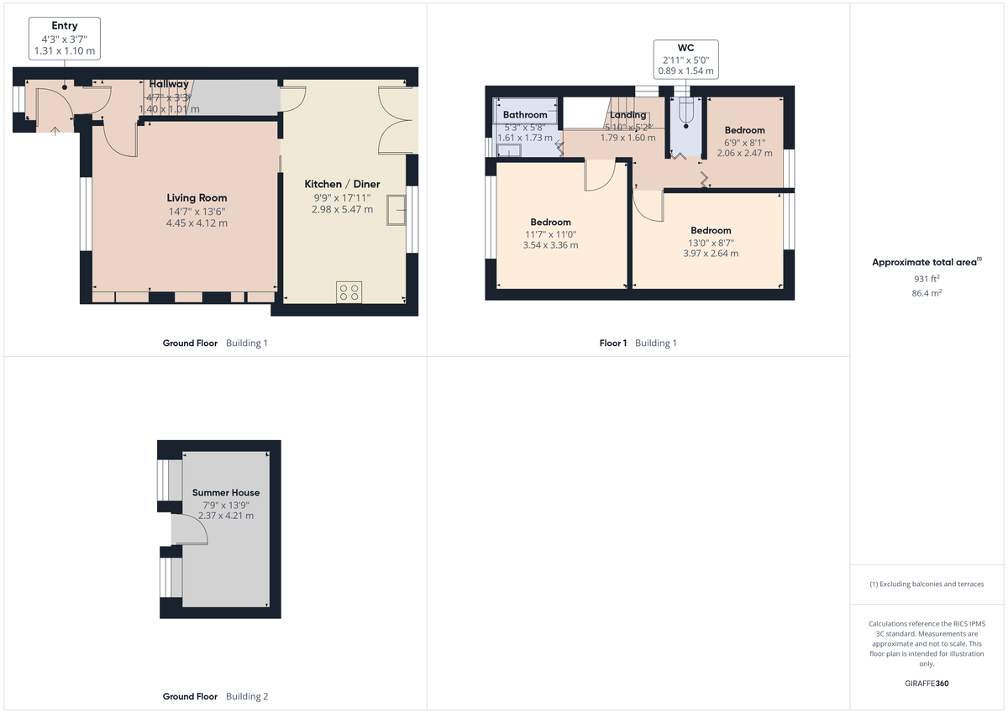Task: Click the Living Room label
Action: pos(197,198)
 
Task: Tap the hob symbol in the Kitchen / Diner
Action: pos(349,292)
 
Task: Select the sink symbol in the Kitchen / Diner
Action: pos(395,211)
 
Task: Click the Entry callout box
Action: pos(65,39)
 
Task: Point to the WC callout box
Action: pos(686,59)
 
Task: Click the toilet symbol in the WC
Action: pos(687,112)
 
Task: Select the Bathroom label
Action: pos(525,115)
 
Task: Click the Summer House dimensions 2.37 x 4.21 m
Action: pos(226,516)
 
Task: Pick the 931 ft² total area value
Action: pos(927,279)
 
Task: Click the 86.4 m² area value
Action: pos(927,293)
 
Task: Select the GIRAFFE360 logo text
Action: pos(927,684)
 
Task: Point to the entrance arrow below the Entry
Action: pos(55,129)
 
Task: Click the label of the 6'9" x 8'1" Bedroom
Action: pos(744,130)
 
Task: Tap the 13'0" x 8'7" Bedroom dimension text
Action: pos(711,242)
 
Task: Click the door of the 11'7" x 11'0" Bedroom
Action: pos(601,176)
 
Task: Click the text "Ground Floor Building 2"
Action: pos(215,696)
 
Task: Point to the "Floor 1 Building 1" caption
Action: pos(638,343)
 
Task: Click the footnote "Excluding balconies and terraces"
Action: pos(927,584)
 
